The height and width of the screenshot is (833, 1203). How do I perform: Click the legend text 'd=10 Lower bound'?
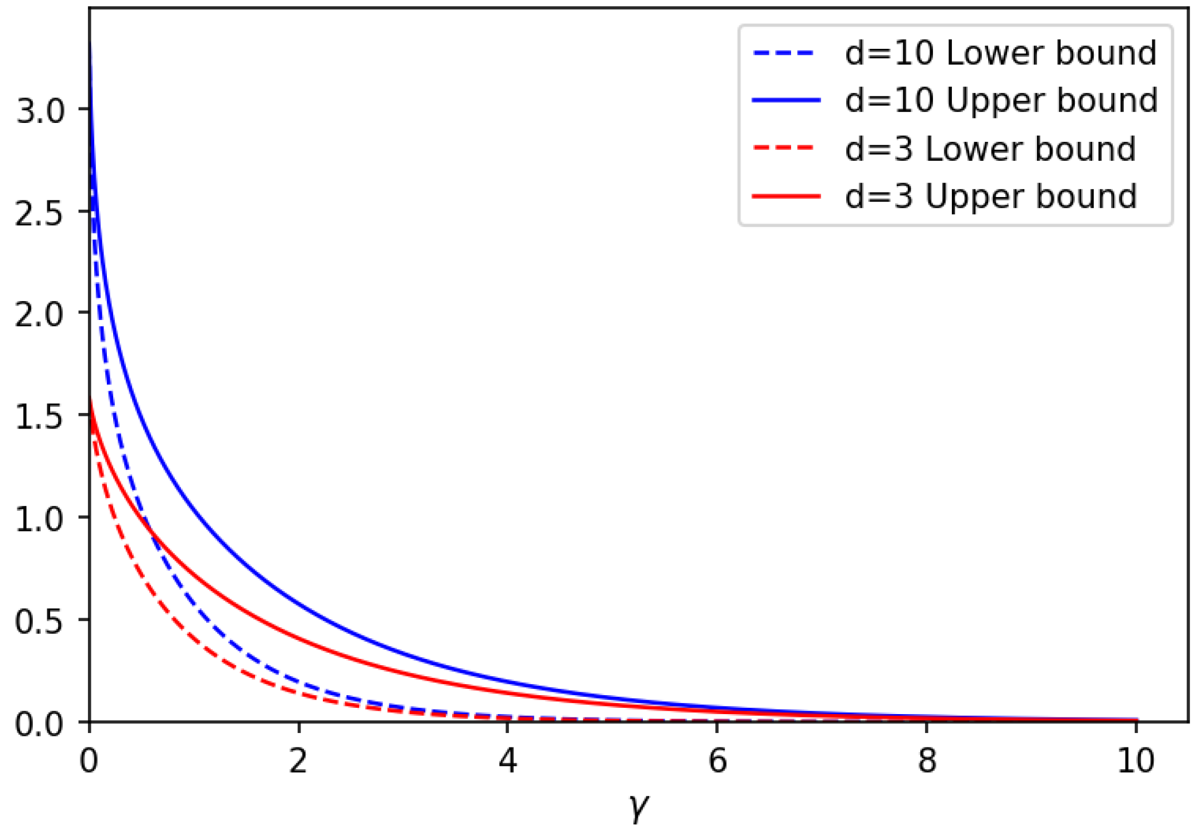(1000, 53)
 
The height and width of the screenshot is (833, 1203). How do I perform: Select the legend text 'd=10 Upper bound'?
(1001, 101)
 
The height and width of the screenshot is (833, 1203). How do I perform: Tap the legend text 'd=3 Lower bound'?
(990, 149)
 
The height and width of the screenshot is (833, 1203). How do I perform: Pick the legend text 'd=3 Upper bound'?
(990, 197)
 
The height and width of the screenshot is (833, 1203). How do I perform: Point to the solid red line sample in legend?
(785, 197)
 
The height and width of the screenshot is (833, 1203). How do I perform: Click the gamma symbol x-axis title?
(638, 807)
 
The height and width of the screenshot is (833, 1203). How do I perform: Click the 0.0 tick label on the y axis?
(38, 723)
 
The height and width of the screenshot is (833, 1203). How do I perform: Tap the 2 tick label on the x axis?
(298, 761)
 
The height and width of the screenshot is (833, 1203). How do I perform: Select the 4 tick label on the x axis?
(508, 761)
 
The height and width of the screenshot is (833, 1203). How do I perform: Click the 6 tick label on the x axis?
(717, 761)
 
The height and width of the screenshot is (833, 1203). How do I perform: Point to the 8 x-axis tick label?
(927, 761)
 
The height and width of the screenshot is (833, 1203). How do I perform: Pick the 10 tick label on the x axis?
(1135, 761)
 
